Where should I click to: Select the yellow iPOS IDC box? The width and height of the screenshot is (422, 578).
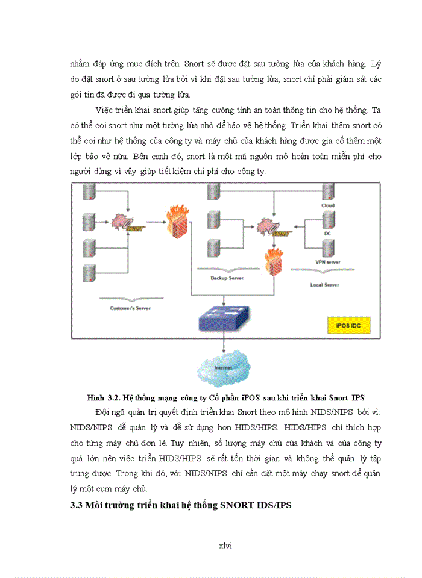(x=348, y=326)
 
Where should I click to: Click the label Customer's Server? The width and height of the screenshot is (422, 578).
(x=130, y=308)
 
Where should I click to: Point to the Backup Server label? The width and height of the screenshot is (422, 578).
(x=227, y=278)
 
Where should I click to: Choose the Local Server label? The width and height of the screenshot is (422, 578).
(x=324, y=284)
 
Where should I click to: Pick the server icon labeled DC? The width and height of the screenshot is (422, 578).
(x=328, y=220)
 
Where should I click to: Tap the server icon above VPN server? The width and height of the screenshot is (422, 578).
(x=328, y=248)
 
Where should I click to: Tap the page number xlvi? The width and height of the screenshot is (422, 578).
(x=225, y=545)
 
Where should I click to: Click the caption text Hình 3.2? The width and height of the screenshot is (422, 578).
(x=104, y=398)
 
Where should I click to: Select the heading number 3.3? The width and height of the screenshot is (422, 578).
(x=78, y=505)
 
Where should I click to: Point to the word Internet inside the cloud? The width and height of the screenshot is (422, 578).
(x=223, y=368)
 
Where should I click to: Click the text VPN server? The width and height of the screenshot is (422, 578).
(x=328, y=263)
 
